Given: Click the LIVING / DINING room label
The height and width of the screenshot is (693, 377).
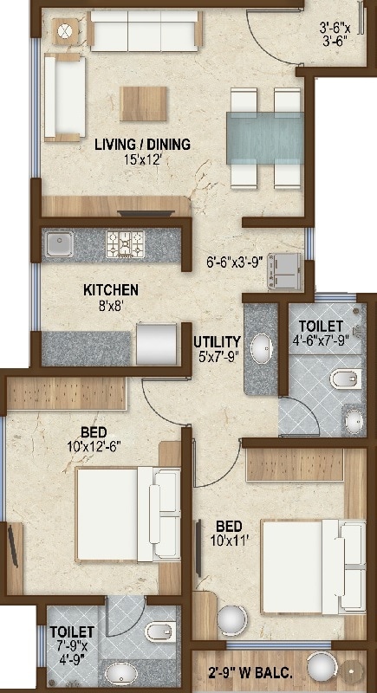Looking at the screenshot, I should point(142,145).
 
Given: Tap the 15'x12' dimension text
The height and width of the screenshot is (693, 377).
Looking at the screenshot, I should point(143,159).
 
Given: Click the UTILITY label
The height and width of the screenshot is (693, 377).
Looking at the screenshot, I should point(218,341).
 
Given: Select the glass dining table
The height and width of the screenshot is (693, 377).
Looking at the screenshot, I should point(263,138).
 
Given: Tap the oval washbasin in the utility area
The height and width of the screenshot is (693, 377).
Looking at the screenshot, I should point(260,350).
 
